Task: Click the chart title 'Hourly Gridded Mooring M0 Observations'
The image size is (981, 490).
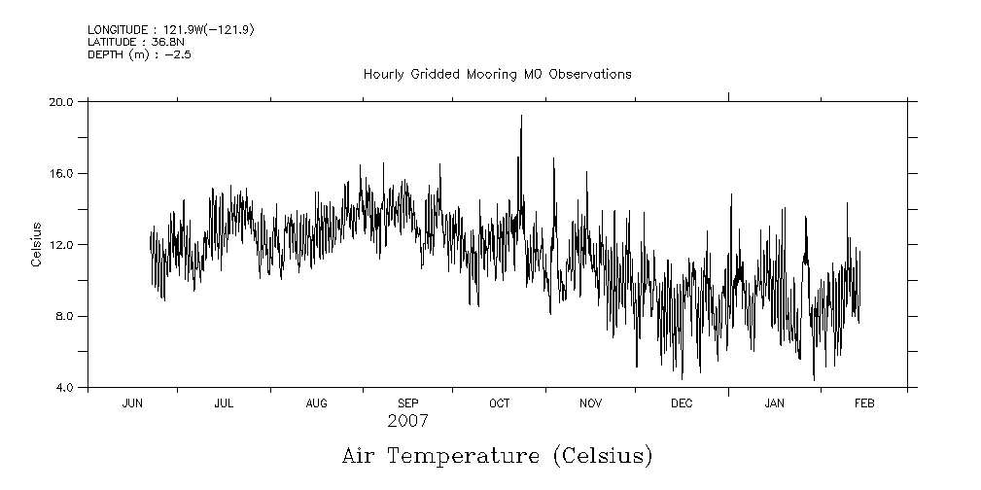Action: coord(497,74)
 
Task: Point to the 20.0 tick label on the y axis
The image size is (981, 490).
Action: coord(63,101)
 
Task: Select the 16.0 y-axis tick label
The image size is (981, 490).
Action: coord(63,173)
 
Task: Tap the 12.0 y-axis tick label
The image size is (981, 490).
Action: coord(63,245)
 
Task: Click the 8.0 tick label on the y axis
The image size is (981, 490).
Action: coord(66,317)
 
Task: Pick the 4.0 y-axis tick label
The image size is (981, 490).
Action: coord(66,388)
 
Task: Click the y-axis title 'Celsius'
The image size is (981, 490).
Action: coord(36,245)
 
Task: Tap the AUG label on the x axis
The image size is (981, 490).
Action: coord(317,403)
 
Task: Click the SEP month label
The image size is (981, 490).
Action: coord(407,403)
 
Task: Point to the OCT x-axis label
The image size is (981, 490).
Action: coord(499,403)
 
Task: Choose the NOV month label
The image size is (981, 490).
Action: coord(590,403)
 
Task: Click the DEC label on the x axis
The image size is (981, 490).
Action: coord(682,403)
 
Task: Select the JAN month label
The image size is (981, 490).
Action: coord(774,403)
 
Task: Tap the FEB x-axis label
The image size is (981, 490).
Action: coord(864,403)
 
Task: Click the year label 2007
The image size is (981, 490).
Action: coord(407,422)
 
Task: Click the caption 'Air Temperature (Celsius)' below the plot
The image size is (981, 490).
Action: coord(497,455)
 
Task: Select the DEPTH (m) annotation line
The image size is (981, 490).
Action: coord(139,54)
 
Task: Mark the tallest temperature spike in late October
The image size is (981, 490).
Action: coord(521,117)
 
